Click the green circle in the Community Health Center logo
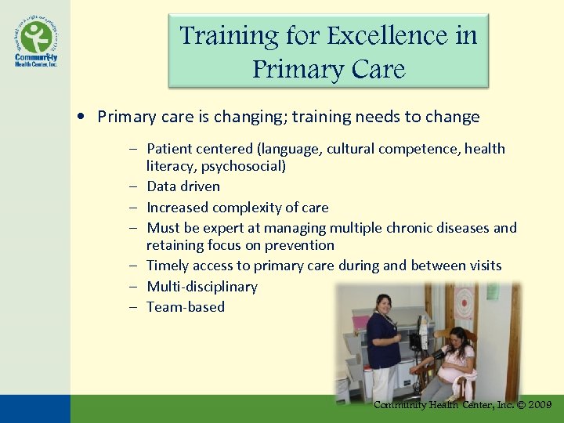pyautogui.click(x=36, y=36)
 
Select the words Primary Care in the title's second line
pyautogui.click(x=328, y=69)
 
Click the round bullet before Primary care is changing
pyautogui.click(x=82, y=117)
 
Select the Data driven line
pyautogui.click(x=183, y=186)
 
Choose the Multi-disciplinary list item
pyautogui.click(x=202, y=287)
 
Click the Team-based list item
pyautogui.click(x=186, y=307)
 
